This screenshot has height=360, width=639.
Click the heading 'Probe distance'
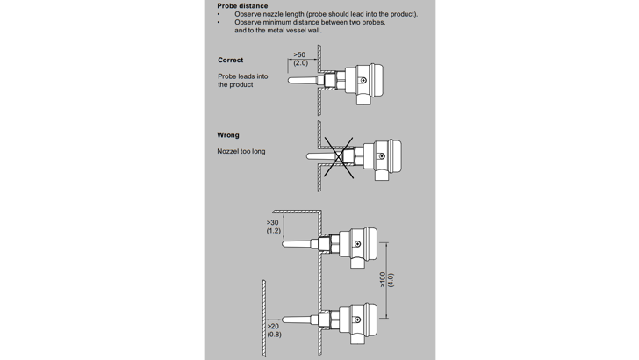pyautogui.click(x=243, y=6)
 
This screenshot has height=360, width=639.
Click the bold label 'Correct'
pyautogui.click(x=231, y=61)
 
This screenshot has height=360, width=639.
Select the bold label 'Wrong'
pyautogui.click(x=228, y=135)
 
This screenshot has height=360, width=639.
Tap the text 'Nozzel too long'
pyautogui.click(x=241, y=152)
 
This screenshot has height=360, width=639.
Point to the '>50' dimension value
pyautogui.click(x=300, y=54)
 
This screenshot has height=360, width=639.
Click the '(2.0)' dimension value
pyautogui.click(x=300, y=64)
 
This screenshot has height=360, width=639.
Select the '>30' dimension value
pyautogui.click(x=274, y=223)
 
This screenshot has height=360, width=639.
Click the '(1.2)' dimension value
pyautogui.click(x=274, y=232)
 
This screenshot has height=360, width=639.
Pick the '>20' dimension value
pyautogui.click(x=274, y=326)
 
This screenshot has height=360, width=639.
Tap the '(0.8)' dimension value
pyautogui.click(x=274, y=335)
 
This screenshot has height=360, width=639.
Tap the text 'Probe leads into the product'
pyautogui.click(x=241, y=81)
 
